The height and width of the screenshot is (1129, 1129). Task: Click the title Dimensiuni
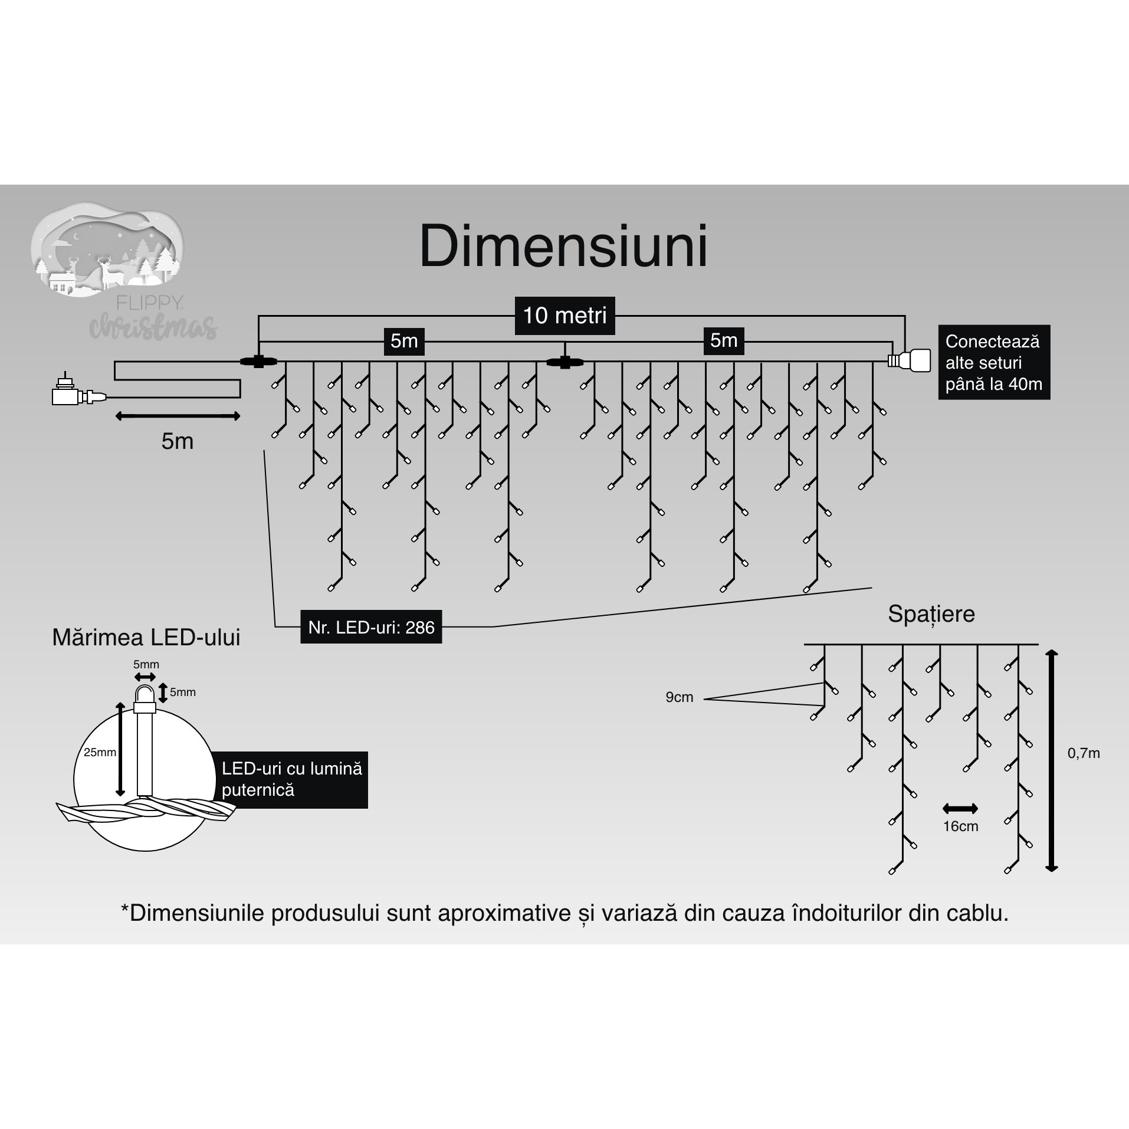coord(563,247)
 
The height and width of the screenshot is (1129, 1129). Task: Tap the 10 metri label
coord(564,316)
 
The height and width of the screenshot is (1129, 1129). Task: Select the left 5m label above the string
coord(404,342)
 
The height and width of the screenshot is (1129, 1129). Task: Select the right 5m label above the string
coord(724,341)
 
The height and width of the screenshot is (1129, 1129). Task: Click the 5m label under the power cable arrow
coord(178,441)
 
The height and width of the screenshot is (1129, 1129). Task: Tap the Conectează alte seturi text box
coord(993,362)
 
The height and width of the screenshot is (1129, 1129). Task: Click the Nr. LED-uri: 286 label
coord(371,627)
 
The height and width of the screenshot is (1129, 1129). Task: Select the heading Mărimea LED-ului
coord(146,638)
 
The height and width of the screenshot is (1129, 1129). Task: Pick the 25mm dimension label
coord(99,752)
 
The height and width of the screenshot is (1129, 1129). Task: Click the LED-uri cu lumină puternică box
coord(292,779)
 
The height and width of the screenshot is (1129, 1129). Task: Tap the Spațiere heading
coord(931,614)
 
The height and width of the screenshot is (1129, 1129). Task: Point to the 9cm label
coord(679,697)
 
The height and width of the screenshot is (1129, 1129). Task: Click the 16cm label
coord(960,826)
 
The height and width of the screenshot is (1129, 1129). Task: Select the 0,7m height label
coord(1083,753)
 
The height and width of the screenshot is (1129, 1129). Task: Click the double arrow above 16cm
coord(960,809)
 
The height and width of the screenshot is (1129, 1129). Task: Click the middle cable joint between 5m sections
coord(564,362)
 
